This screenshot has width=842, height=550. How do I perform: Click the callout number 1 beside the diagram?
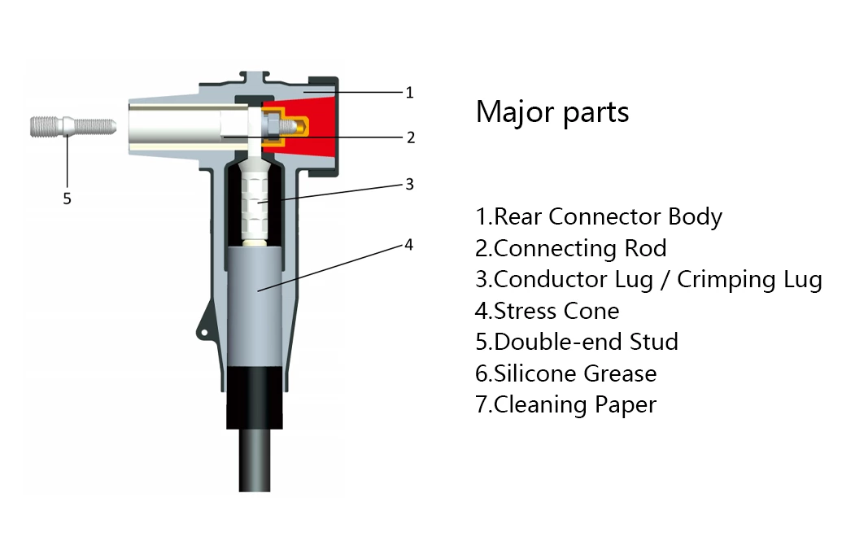click(x=410, y=93)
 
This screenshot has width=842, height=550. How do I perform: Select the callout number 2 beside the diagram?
click(x=411, y=137)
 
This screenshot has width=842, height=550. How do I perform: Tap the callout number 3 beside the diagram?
click(x=410, y=185)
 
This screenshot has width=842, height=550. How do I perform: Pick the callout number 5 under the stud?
click(x=68, y=198)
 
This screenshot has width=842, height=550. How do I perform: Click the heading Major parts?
click(x=552, y=111)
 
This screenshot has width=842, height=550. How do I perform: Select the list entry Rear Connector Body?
click(x=599, y=216)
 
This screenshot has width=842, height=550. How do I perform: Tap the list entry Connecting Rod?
click(x=571, y=248)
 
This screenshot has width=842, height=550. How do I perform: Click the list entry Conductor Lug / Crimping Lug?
click(x=648, y=279)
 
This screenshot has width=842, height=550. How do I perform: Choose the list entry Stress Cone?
click(x=548, y=311)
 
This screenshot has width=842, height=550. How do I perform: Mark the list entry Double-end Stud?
click(x=577, y=342)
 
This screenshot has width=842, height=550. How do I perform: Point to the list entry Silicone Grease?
click(x=566, y=373)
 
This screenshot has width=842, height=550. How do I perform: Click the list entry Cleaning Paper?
click(x=565, y=404)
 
